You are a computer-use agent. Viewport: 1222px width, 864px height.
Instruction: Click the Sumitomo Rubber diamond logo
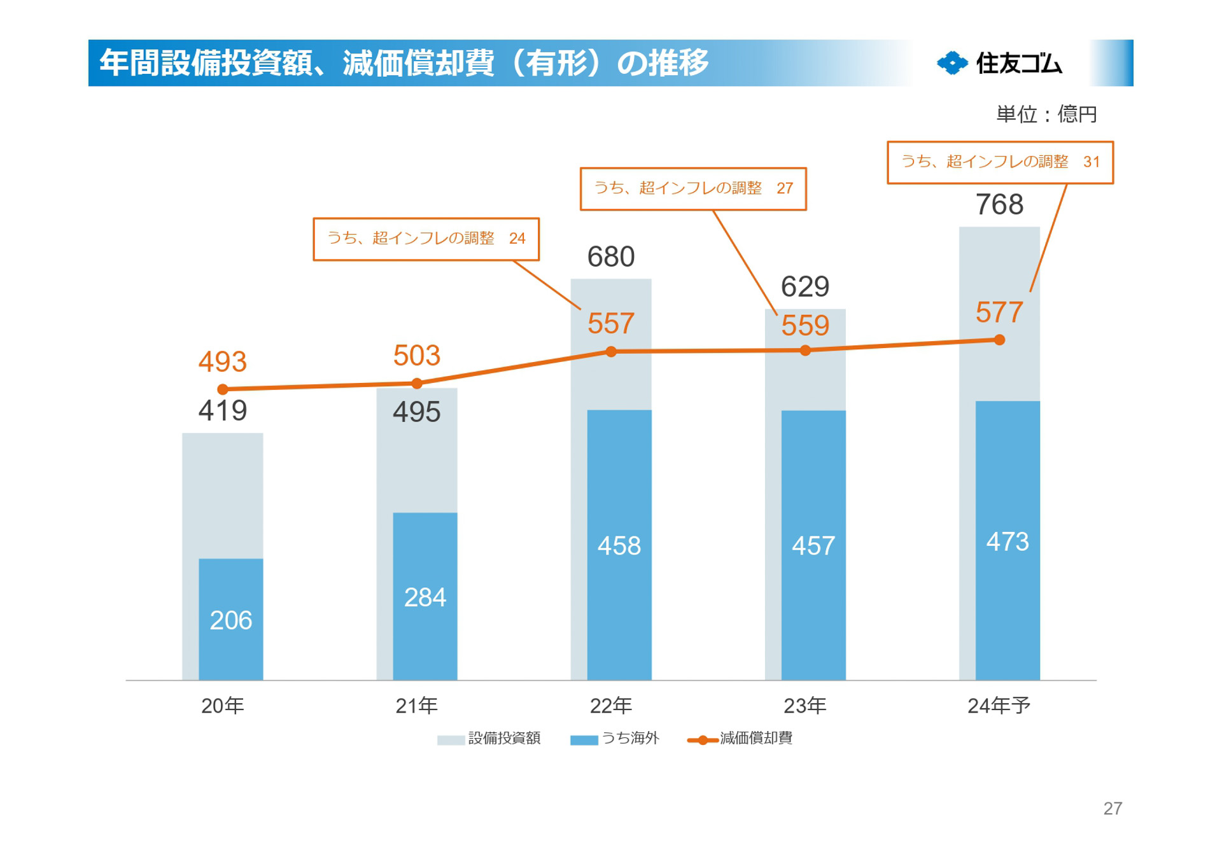click(x=952, y=63)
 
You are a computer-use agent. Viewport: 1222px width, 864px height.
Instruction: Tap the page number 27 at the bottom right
click(x=1113, y=808)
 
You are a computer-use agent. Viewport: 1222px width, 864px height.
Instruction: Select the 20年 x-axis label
click(x=223, y=706)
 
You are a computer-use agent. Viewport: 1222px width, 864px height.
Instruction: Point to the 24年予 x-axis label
click(x=999, y=706)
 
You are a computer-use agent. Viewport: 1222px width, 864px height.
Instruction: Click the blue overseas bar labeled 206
click(x=230, y=619)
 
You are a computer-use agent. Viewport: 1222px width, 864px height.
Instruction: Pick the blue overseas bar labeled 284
click(x=425, y=596)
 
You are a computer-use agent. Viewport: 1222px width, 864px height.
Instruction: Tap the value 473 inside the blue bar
click(x=1008, y=541)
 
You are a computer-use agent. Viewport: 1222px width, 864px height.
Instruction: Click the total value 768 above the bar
click(x=999, y=205)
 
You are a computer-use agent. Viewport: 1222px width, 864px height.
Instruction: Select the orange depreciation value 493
click(x=223, y=361)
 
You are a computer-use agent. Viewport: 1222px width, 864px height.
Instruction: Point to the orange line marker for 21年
click(x=417, y=384)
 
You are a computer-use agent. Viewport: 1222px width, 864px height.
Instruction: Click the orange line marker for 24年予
click(x=999, y=340)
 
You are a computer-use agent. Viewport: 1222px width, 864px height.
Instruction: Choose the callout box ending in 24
click(x=426, y=239)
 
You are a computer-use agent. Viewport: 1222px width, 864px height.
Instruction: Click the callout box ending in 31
click(x=1000, y=162)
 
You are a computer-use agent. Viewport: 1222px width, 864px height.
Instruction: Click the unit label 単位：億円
click(x=1046, y=115)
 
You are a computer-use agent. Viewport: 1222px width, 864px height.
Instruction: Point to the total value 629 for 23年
click(x=805, y=286)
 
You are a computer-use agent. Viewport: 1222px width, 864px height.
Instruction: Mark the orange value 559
click(x=805, y=326)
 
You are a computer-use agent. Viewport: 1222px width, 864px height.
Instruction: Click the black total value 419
click(x=223, y=410)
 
